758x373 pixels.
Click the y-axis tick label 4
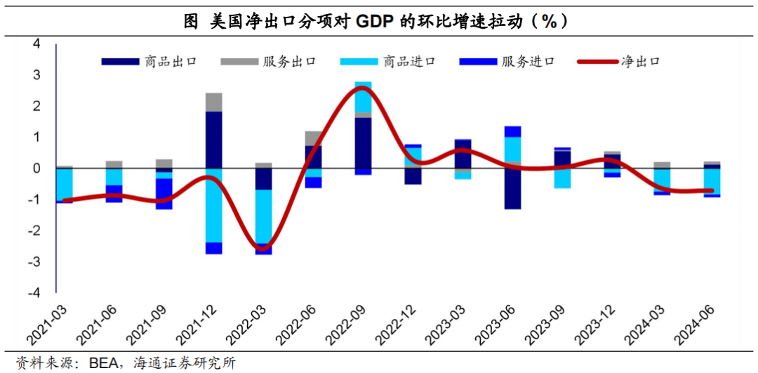point(36,44)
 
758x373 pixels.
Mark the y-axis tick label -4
point(34,292)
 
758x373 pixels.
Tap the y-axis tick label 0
point(36,169)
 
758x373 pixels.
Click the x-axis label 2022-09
point(352,324)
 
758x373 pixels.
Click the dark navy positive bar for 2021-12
point(214,140)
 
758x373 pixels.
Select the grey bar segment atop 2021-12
point(214,102)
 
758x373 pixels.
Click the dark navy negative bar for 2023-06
point(513,188)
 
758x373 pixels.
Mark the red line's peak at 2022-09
point(363,89)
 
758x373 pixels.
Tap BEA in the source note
point(103,363)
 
